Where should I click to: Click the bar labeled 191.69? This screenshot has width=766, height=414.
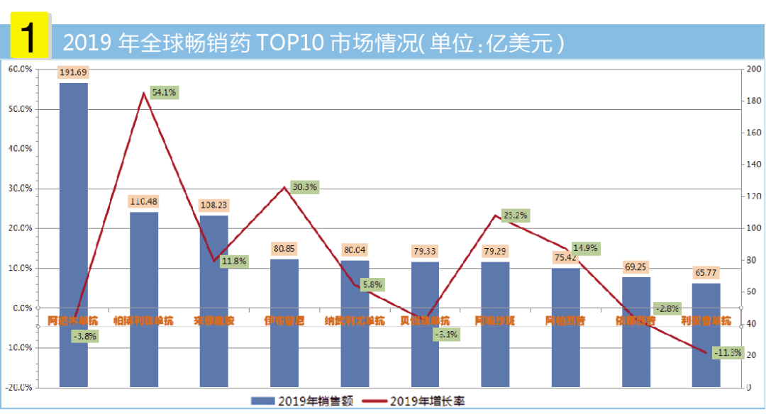tap(74, 234)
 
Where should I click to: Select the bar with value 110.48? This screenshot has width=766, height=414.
tap(143, 298)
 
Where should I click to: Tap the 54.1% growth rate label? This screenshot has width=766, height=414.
tap(165, 92)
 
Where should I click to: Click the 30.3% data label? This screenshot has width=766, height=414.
tap(304, 187)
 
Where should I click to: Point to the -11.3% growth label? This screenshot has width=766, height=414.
tap(726, 352)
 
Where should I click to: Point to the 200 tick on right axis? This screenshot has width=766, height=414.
tap(754, 69)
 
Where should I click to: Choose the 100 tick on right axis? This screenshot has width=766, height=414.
tap(754, 228)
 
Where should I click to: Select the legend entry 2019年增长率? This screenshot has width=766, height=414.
tap(426, 401)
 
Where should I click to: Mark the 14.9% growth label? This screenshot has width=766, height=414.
tap(586, 248)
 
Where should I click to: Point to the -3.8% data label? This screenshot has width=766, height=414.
tap(84, 337)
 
